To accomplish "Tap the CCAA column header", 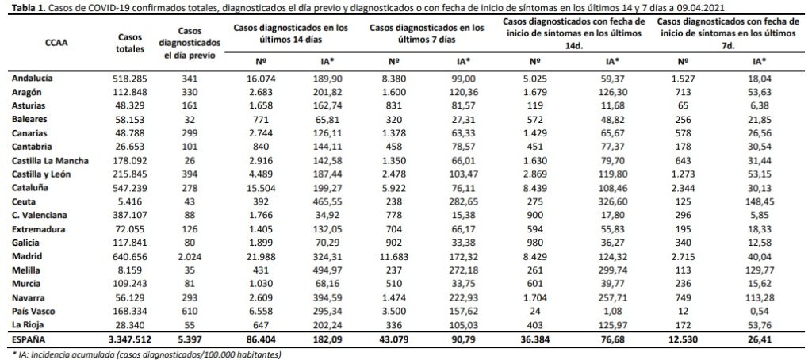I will click(x=56, y=43).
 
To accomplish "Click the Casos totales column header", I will click(x=128, y=43).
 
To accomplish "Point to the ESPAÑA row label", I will click(x=27, y=339).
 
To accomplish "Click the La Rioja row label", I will click(x=26, y=325).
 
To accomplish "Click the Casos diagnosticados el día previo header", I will click(x=191, y=43).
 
